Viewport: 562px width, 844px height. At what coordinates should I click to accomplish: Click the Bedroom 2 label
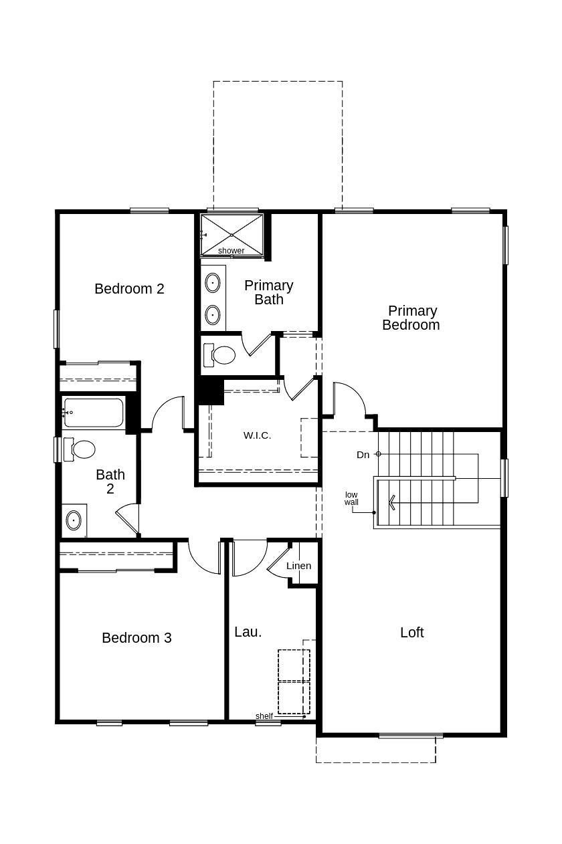tap(129, 289)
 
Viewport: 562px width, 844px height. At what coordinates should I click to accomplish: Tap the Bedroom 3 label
tap(137, 638)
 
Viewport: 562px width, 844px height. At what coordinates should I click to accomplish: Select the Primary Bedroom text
tap(411, 318)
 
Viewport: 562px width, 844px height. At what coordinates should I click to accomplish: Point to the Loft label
tap(412, 632)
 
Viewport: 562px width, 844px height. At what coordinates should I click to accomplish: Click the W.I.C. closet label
tap(258, 435)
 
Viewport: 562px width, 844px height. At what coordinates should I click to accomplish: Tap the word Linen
tap(299, 566)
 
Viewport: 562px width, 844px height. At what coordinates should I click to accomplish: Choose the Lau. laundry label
tap(248, 632)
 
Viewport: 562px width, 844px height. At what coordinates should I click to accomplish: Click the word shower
tap(231, 251)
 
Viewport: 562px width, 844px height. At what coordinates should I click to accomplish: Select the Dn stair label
tap(363, 455)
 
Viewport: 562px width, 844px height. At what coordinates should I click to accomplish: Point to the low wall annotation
tap(351, 498)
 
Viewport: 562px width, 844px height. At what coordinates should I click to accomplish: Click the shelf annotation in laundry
tap(264, 716)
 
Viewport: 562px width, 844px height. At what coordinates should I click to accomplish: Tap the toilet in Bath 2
tap(80, 449)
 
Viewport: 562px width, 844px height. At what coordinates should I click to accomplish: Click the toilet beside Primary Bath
tap(219, 354)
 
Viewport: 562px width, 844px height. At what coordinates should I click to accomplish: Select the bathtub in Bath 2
tap(94, 412)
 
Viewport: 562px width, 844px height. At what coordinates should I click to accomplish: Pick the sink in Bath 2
tap(74, 520)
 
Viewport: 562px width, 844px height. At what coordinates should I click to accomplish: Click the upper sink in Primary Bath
tap(213, 283)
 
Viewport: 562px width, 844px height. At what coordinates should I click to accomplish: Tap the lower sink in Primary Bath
tap(213, 314)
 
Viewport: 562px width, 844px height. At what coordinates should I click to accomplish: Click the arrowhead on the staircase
tap(391, 502)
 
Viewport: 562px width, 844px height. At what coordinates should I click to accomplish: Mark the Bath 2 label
tap(110, 482)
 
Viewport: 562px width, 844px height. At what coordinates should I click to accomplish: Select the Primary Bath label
tap(269, 292)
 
